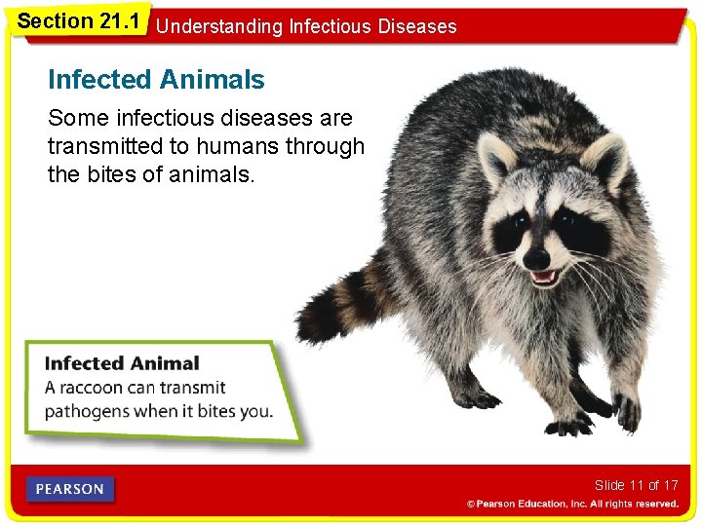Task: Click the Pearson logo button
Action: pyautogui.click(x=70, y=489)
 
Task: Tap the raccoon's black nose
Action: pyautogui.click(x=536, y=259)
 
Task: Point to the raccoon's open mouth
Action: pyautogui.click(x=542, y=278)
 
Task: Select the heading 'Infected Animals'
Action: pyautogui.click(x=156, y=79)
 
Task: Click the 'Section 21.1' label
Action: pyautogui.click(x=79, y=20)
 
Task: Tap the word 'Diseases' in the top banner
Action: pyautogui.click(x=421, y=26)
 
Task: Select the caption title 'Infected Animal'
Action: pyautogui.click(x=122, y=363)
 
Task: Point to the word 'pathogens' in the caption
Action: pyautogui.click(x=87, y=410)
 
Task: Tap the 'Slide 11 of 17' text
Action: pyautogui.click(x=636, y=485)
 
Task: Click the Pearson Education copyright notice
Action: pyautogui.click(x=572, y=505)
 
